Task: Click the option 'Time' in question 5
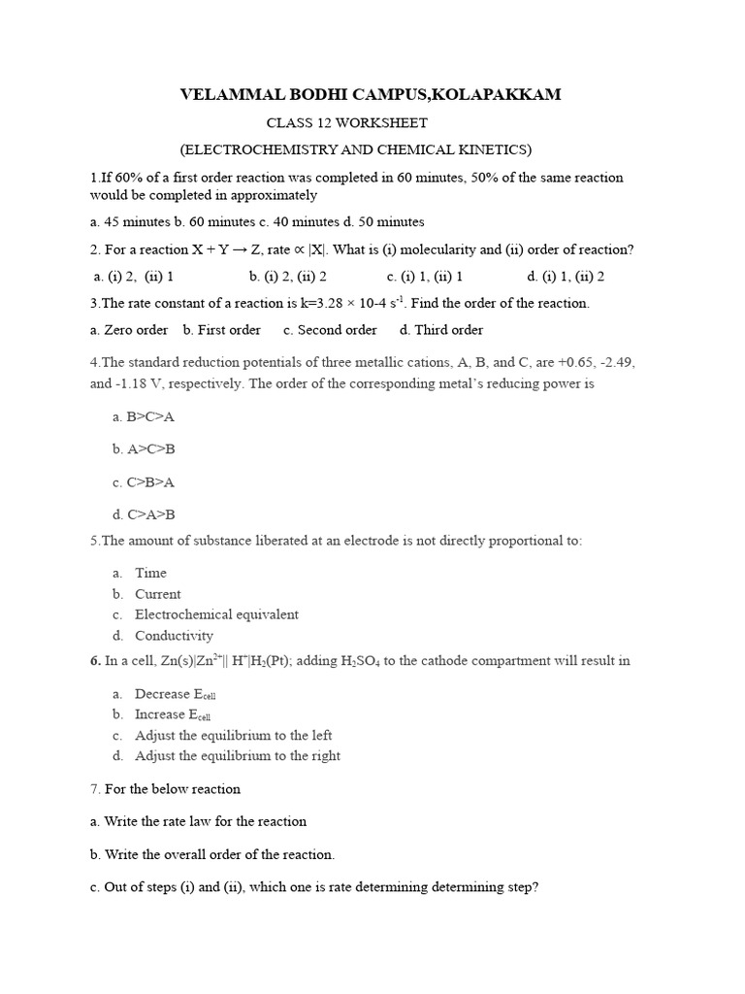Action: click(x=151, y=573)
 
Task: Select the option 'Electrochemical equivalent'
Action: click(x=216, y=614)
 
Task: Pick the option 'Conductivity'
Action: click(x=175, y=636)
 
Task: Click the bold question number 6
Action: click(x=95, y=661)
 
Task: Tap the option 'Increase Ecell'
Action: click(x=174, y=714)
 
